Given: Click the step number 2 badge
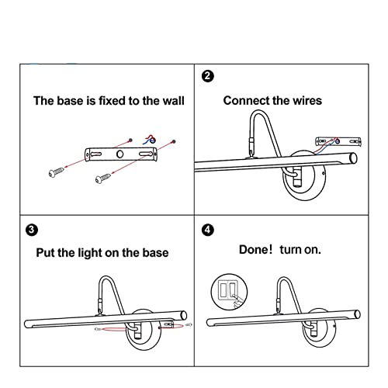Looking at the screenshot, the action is click(x=207, y=76).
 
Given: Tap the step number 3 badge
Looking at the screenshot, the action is click(x=32, y=230).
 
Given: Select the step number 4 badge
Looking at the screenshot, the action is click(x=207, y=230).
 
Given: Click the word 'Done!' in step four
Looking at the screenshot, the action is click(x=255, y=250).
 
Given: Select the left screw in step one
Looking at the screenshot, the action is click(x=56, y=172).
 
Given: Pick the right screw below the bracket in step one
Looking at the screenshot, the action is click(x=102, y=178).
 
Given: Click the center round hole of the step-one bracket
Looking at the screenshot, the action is click(x=120, y=154).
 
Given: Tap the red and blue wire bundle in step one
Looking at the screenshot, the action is click(x=150, y=140).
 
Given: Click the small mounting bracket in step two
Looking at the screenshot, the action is click(x=338, y=141).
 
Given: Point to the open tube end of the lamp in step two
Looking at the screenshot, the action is click(x=353, y=158).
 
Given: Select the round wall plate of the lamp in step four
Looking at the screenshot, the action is click(x=319, y=328).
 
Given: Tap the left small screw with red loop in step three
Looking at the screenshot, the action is click(x=97, y=329).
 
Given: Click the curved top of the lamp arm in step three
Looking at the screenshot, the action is click(x=106, y=277).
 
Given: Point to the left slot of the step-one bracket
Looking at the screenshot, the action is click(x=95, y=154).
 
